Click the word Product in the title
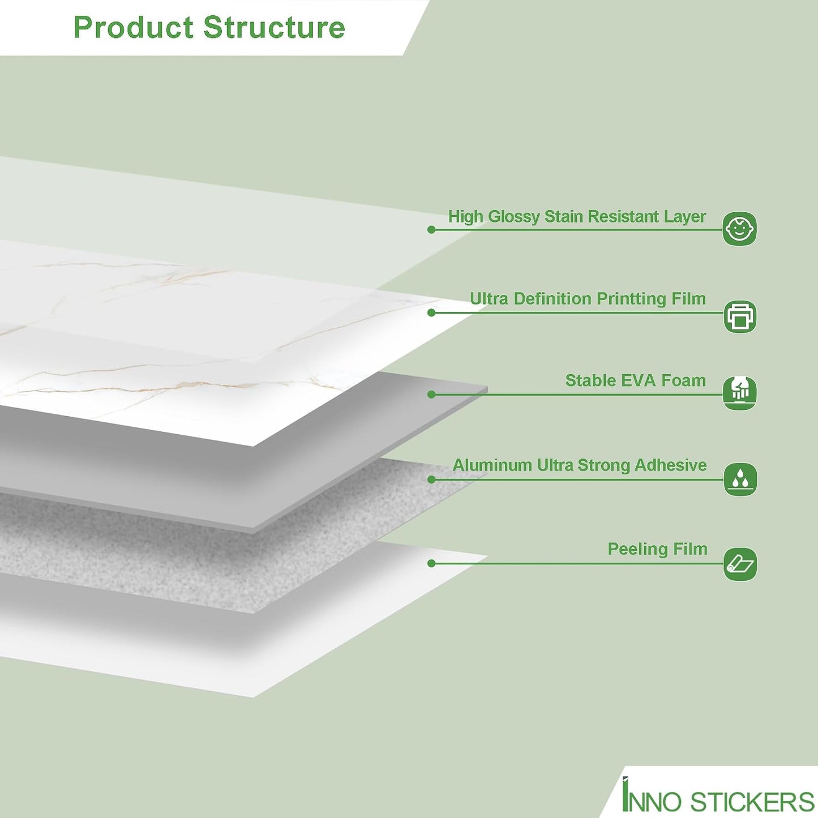[x=134, y=27]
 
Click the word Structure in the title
[x=274, y=27]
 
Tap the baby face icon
[x=739, y=229]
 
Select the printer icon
[x=740, y=316]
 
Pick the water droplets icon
[x=740, y=479]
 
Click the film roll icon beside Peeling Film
[x=740, y=564]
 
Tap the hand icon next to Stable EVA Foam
[x=739, y=393]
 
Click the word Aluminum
[x=492, y=465]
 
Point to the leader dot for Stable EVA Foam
[x=431, y=395]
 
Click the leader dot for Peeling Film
[x=431, y=564]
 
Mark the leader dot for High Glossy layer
[x=431, y=230]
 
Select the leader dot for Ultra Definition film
[x=431, y=313]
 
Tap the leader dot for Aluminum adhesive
[x=431, y=479]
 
